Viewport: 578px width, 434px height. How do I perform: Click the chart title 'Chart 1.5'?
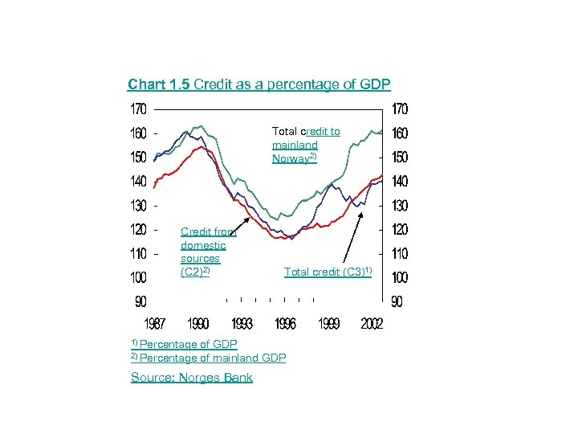[x=159, y=84]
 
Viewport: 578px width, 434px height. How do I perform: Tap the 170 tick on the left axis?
[x=139, y=108]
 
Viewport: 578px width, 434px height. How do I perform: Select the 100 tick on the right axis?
[x=399, y=277]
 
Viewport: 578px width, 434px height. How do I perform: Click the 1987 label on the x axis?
[x=154, y=323]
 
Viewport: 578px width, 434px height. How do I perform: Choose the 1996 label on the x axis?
[x=285, y=323]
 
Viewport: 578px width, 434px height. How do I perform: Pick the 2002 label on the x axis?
[x=372, y=323]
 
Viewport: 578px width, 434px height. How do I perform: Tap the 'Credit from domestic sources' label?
[x=205, y=252]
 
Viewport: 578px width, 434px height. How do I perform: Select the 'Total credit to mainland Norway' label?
[x=305, y=145]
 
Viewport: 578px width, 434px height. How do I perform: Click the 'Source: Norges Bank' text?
[x=191, y=378]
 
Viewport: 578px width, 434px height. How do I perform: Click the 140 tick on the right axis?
[x=399, y=181]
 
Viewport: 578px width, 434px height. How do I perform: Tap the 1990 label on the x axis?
[x=198, y=323]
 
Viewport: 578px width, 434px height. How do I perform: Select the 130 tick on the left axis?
[x=139, y=205]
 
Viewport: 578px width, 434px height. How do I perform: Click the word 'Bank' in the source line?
[x=238, y=378]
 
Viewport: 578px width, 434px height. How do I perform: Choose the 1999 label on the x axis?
[x=328, y=323]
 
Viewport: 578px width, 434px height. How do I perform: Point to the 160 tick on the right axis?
[x=399, y=133]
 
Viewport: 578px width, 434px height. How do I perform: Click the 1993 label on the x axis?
[x=242, y=323]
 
